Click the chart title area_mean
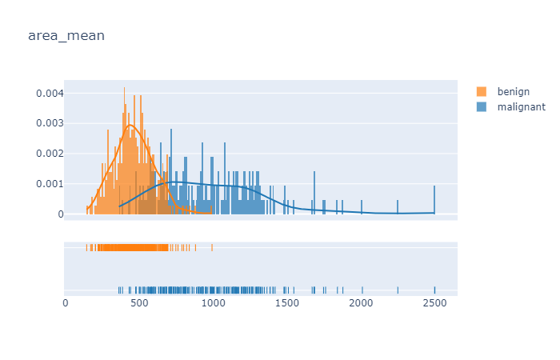tap(66, 36)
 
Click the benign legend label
tap(513, 92)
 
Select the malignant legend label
tap(521, 106)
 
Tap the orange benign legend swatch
tap(482, 92)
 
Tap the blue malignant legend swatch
tap(482, 106)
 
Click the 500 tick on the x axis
tap(139, 302)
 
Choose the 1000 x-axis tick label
tap(214, 302)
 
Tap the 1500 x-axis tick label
tap(287, 302)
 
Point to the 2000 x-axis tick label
tap(362, 302)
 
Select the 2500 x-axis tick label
tap(435, 302)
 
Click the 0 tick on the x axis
tap(66, 302)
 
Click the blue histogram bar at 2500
tap(434, 200)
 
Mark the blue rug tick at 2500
tap(434, 290)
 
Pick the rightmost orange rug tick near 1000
tap(212, 248)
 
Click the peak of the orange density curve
tap(130, 125)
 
